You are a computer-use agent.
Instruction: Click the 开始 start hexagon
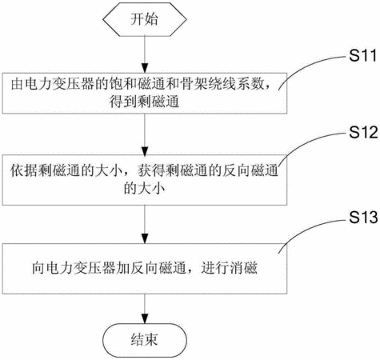click(145, 19)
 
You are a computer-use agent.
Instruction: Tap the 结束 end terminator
click(145, 340)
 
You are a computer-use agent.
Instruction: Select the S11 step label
click(363, 56)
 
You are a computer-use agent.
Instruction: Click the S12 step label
click(363, 132)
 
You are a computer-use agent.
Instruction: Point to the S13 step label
click(363, 217)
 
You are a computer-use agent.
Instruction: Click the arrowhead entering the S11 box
click(145, 68)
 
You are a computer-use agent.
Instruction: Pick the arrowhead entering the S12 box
click(145, 152)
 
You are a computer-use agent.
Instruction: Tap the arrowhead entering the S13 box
click(145, 238)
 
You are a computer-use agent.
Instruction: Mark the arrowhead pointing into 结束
click(145, 319)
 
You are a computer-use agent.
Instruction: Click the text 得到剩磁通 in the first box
click(145, 102)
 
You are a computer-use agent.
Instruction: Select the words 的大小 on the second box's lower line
click(145, 188)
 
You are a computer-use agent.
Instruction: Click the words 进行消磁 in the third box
click(230, 268)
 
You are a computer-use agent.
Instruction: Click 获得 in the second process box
click(152, 170)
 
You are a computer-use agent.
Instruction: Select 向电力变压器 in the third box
click(74, 268)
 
